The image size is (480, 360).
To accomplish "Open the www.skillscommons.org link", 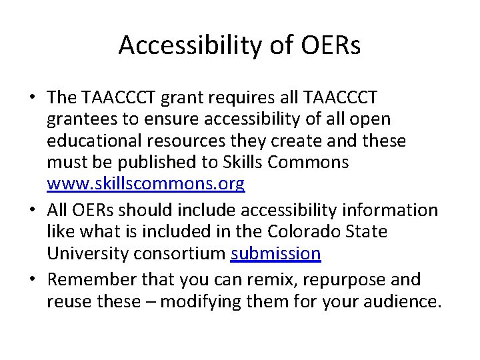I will point(146,183).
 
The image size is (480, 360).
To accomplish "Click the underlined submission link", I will point(276,254).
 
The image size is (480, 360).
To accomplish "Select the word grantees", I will point(84,119).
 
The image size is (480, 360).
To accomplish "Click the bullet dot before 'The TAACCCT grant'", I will point(31,98).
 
